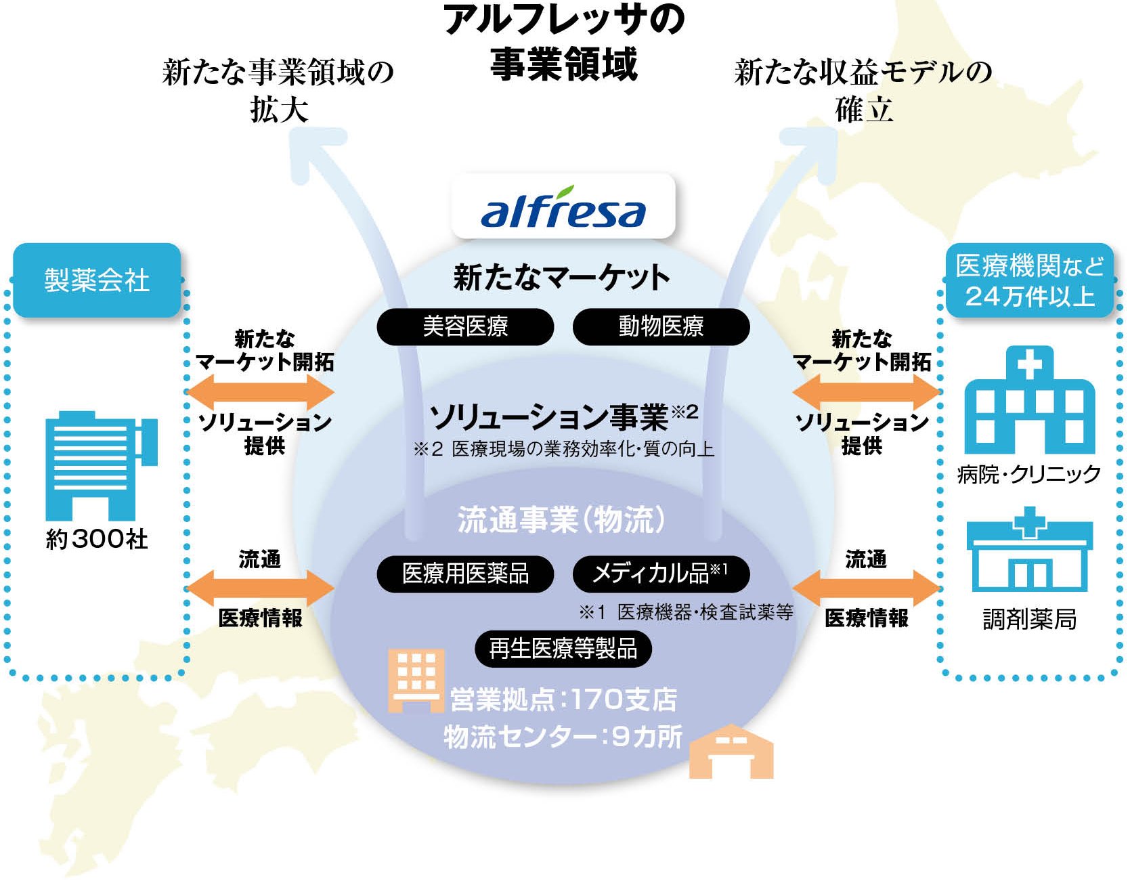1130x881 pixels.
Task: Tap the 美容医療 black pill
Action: (x=465, y=327)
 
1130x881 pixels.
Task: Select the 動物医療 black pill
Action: (x=661, y=327)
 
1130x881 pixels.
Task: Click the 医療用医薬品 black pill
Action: (x=465, y=574)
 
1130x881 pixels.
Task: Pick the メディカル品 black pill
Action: (x=661, y=574)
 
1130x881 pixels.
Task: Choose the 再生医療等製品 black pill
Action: (x=563, y=649)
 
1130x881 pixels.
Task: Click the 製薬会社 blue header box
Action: (x=97, y=280)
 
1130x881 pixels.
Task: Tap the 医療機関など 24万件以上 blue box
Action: (x=1029, y=280)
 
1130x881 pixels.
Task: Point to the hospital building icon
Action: (x=1029, y=400)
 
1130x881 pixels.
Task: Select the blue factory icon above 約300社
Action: (x=100, y=465)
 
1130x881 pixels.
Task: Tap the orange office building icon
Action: (x=416, y=680)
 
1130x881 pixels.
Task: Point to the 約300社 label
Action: (x=97, y=540)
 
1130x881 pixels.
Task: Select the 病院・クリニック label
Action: (x=1029, y=474)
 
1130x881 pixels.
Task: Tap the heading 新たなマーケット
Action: (x=562, y=278)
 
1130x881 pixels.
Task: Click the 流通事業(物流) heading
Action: (x=562, y=520)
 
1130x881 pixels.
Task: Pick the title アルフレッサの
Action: (x=564, y=20)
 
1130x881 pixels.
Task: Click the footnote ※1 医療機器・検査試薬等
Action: (x=685, y=613)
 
